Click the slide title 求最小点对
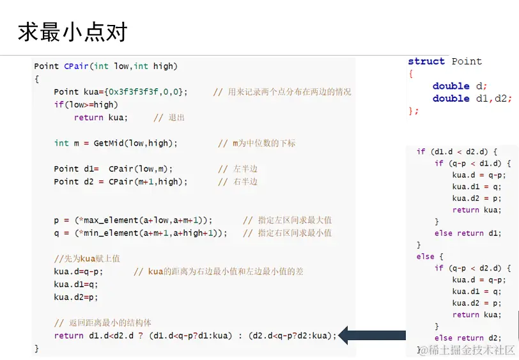pos(72,32)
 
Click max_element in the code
pos(113,220)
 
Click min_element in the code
pos(113,233)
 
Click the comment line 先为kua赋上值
pos(87,258)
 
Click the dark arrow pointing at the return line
pos(371,334)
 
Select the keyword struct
pos(426,61)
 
